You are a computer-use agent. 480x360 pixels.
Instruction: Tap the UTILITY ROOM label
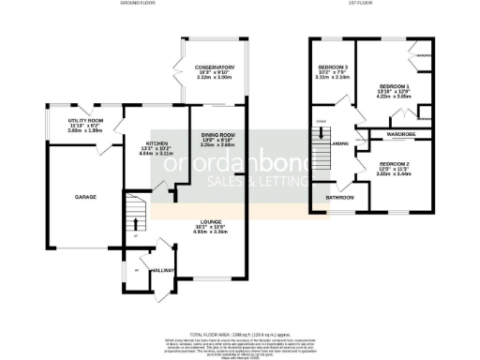[x=85, y=121]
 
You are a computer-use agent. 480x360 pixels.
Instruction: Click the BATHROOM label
[x=339, y=198]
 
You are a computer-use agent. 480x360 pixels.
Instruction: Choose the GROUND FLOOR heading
[x=137, y=5]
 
